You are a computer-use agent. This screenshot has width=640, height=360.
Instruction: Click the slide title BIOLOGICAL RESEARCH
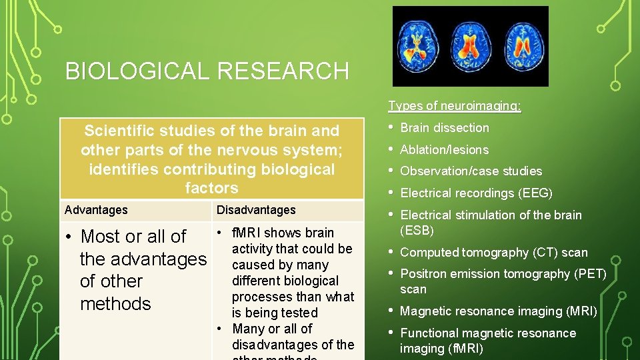(207, 71)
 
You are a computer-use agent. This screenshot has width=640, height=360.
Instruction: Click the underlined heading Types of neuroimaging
(455, 106)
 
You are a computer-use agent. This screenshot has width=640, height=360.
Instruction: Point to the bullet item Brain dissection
(444, 128)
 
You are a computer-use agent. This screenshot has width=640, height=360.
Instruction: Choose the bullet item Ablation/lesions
(444, 150)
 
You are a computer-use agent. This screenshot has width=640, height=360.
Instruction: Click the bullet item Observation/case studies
(471, 171)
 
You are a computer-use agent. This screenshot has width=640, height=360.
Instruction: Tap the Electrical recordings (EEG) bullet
(476, 193)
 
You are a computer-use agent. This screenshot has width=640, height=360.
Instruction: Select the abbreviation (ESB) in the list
(417, 231)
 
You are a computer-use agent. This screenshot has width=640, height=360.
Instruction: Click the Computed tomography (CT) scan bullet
(493, 253)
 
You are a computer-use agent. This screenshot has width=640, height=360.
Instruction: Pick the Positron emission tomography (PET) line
(503, 274)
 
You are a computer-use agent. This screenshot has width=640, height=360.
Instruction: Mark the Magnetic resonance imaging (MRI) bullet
(498, 311)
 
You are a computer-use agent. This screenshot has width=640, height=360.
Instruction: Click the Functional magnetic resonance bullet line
(487, 333)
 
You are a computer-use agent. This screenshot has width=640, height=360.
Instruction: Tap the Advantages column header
(96, 210)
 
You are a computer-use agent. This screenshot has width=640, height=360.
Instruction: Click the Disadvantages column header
(256, 210)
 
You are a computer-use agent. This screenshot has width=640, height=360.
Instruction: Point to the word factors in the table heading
(211, 188)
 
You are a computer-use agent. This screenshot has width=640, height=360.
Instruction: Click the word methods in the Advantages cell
(115, 304)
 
